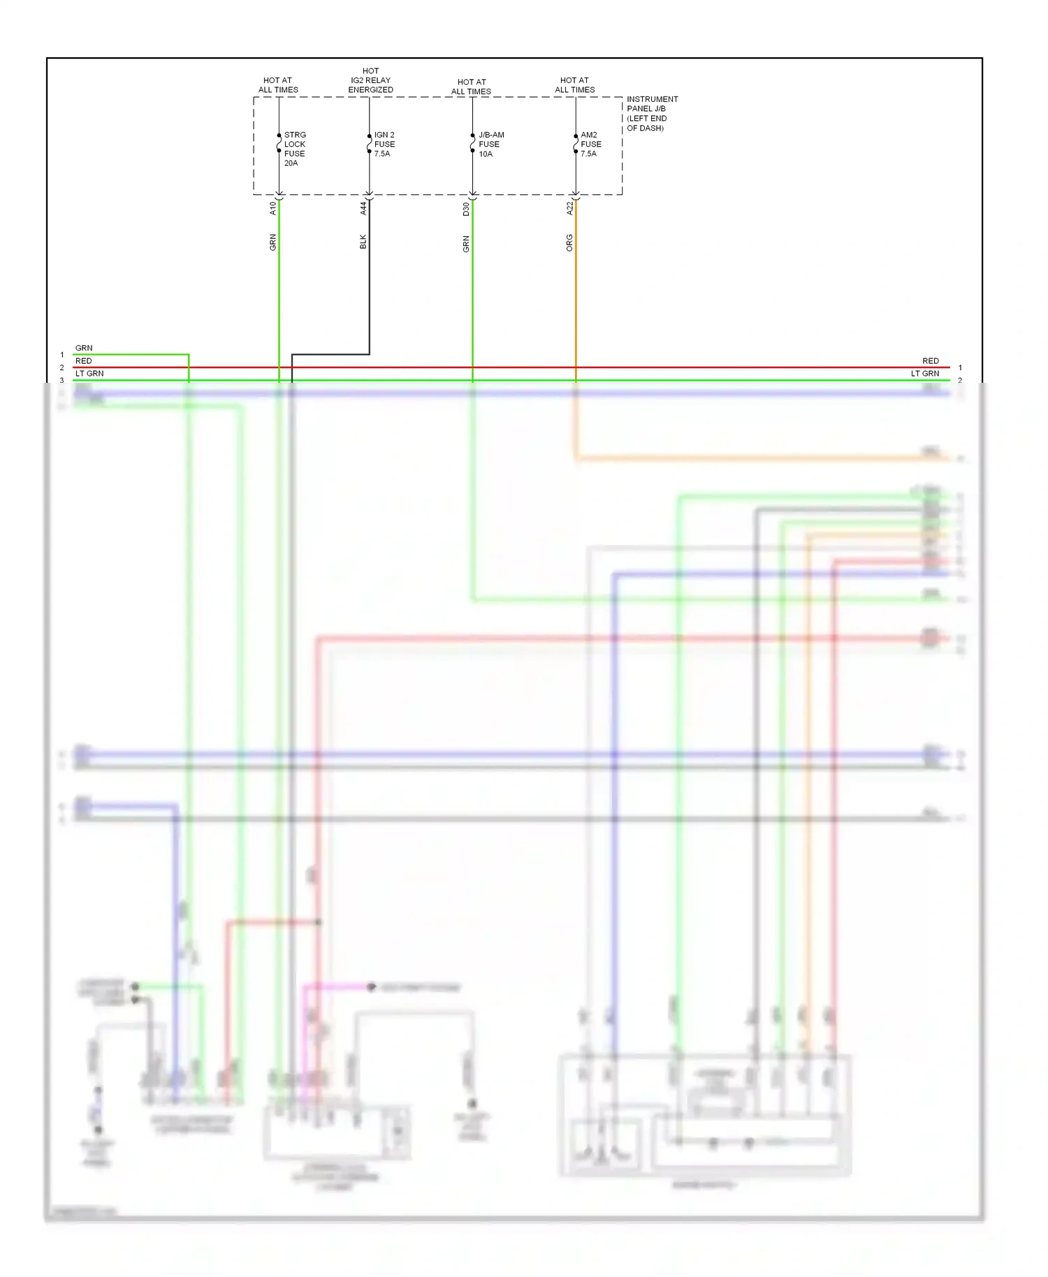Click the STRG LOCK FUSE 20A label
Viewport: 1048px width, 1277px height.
pyautogui.click(x=294, y=149)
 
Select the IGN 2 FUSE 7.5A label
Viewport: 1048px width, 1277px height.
pyautogui.click(x=384, y=144)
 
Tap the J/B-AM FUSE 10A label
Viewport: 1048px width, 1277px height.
pyautogui.click(x=490, y=144)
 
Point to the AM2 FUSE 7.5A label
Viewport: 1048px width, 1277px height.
pyautogui.click(x=590, y=144)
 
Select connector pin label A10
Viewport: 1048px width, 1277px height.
pyautogui.click(x=273, y=208)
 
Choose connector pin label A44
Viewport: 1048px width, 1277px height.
pyautogui.click(x=363, y=208)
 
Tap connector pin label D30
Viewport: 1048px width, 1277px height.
pyautogui.click(x=466, y=208)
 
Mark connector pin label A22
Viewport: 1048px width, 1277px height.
pyautogui.click(x=569, y=208)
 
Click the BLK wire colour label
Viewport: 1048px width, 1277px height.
pyautogui.click(x=363, y=242)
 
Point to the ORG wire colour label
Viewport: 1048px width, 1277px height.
pyautogui.click(x=569, y=242)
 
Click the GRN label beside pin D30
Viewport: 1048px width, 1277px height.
pyautogui.click(x=466, y=244)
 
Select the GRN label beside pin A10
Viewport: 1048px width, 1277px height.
pyautogui.click(x=273, y=242)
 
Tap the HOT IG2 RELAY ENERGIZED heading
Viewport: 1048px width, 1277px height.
pyautogui.click(x=370, y=80)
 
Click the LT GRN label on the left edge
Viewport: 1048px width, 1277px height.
pyautogui.click(x=89, y=374)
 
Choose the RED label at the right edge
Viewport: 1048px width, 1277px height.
pyautogui.click(x=930, y=361)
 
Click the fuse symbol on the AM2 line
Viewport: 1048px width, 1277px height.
pyautogui.click(x=576, y=144)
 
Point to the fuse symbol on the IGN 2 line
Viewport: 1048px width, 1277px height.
pyautogui.click(x=369, y=144)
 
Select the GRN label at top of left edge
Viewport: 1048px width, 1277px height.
pyautogui.click(x=84, y=348)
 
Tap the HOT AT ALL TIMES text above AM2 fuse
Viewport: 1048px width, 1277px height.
pyautogui.click(x=574, y=85)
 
